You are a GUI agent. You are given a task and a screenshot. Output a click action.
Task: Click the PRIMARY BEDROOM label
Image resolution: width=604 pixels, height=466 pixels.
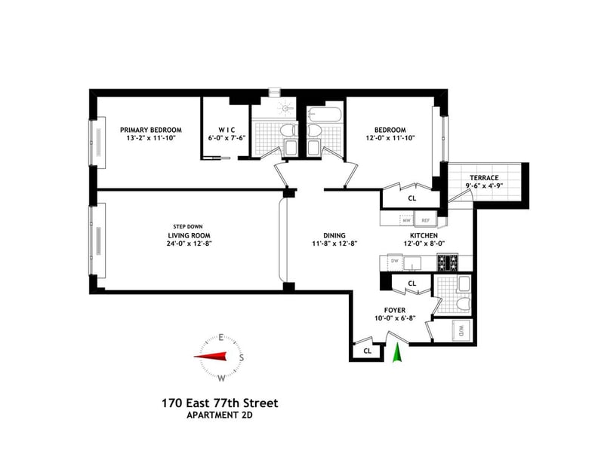pyautogui.click(x=150, y=130)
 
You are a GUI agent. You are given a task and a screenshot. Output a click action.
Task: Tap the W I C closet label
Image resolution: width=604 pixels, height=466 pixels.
pyautogui.click(x=226, y=130)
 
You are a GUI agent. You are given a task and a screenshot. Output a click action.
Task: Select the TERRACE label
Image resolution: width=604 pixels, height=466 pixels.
pyautogui.click(x=484, y=178)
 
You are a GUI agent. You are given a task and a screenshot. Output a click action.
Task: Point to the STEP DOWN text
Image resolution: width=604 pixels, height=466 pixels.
pyautogui.click(x=187, y=227)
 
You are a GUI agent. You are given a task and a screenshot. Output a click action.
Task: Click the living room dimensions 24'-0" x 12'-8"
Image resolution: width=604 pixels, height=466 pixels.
pyautogui.click(x=190, y=244)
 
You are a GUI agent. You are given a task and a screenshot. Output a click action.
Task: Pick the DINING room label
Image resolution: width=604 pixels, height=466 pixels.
pyautogui.click(x=334, y=235)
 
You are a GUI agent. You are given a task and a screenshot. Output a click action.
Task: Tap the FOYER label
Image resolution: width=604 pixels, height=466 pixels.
pyautogui.click(x=395, y=310)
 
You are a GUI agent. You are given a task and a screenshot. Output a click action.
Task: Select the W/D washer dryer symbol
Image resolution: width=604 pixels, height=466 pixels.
pyautogui.click(x=461, y=330)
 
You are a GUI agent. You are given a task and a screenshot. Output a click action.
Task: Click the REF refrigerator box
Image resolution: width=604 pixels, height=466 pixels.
pyautogui.click(x=425, y=220)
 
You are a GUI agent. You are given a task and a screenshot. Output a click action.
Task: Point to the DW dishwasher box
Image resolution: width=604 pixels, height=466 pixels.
pyautogui.click(x=394, y=261)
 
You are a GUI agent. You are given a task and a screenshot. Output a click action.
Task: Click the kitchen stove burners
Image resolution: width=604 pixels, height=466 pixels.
pyautogui.click(x=447, y=262)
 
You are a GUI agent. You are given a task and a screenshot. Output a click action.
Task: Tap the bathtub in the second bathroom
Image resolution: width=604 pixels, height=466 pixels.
pyautogui.click(x=325, y=114)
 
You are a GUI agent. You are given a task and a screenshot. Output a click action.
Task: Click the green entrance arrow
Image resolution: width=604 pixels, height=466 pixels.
pyautogui.click(x=397, y=352)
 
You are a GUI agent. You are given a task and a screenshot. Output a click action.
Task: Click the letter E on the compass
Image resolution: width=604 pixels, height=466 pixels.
pyautogui.click(x=221, y=338)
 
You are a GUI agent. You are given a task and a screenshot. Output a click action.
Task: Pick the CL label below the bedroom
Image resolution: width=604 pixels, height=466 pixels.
pyautogui.click(x=411, y=198)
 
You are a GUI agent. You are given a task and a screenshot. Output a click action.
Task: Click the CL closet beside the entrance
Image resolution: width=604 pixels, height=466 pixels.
pyautogui.click(x=367, y=351)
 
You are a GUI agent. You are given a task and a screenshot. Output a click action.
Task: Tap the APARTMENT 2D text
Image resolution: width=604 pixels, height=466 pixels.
pyautogui.click(x=220, y=415)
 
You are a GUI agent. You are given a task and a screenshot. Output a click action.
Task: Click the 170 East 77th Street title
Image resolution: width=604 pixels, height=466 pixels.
pyautogui.click(x=220, y=403)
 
